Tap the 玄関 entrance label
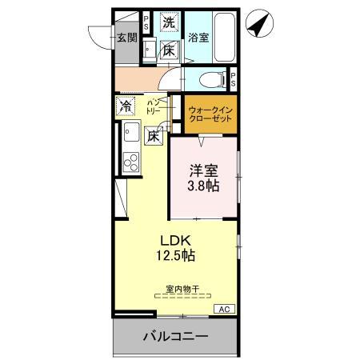click(126, 38)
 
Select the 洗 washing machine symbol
click(169, 23)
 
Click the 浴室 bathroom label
click(198, 36)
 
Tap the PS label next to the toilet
click(233, 80)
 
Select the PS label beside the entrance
click(146, 23)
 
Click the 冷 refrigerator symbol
click(126, 105)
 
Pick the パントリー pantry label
click(154, 107)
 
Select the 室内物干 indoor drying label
click(182, 288)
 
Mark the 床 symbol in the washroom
click(169, 50)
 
